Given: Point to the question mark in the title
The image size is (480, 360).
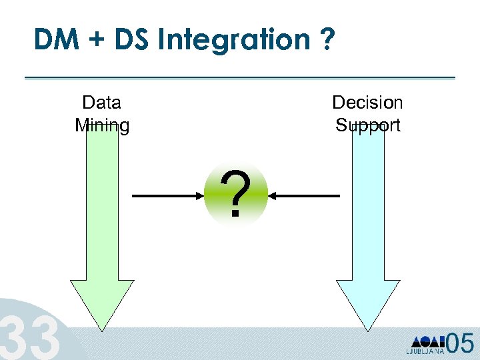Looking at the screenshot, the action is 324,41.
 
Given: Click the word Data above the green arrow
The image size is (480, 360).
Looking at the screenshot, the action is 101,103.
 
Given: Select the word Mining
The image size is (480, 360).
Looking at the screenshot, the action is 102,125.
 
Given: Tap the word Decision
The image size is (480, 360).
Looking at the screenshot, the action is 367,103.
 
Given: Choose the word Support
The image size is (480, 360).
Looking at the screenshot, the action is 367,125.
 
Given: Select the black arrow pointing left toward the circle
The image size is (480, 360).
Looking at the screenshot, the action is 306,196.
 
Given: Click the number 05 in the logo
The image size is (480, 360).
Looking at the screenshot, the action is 460,343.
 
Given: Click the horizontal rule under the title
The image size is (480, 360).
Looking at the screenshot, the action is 239,78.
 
